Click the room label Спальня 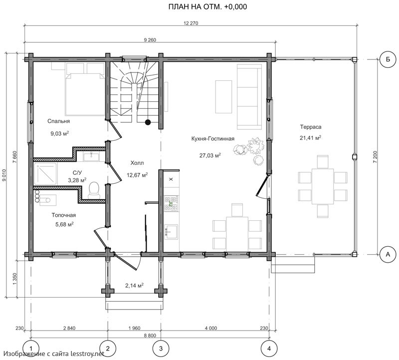click(x=58, y=121)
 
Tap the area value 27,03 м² click(x=210, y=155)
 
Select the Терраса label click(x=310, y=127)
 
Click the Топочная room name click(x=64, y=215)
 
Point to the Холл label click(x=137, y=163)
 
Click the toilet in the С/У click(x=94, y=190)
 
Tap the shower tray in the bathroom click(x=45, y=174)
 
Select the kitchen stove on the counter click(x=171, y=203)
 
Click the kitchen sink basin click(x=171, y=232)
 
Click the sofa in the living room click(x=249, y=97)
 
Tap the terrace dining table click(x=323, y=186)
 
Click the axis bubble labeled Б click(x=388, y=59)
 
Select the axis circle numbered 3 click(x=161, y=349)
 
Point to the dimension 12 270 click(x=191, y=23)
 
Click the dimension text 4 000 click(x=211, y=328)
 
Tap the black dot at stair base click(x=148, y=122)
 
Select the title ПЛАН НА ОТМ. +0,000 click(x=207, y=7)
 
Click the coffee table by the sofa click(x=223, y=97)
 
